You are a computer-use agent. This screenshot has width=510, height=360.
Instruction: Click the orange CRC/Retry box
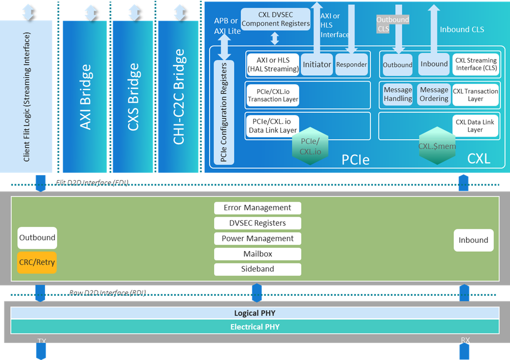pos(37,262)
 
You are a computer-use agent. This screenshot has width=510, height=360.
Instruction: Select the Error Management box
pos(257,208)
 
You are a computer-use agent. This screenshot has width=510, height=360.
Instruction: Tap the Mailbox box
pos(257,254)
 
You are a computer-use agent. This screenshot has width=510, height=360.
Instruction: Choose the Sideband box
pos(257,269)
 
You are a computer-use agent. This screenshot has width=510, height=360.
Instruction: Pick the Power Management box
pos(257,238)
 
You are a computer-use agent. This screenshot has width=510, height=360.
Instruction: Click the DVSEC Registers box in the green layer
pos(257,223)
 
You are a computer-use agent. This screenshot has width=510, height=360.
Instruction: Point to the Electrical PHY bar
pos(255,327)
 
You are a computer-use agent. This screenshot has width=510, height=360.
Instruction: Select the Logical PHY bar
pos(255,313)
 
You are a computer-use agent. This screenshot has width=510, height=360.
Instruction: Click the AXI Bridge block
pos(85,97)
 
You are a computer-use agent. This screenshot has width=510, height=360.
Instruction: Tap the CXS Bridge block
pos(132,97)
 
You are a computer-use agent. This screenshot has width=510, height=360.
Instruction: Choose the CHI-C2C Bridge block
pos(178,97)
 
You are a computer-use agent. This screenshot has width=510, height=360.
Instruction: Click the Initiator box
pos(317,65)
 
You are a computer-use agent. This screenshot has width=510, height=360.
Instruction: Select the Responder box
pos(351,65)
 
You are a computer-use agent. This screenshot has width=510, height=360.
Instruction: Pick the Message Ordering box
pos(433,94)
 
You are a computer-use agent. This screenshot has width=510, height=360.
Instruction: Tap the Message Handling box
pos(398,94)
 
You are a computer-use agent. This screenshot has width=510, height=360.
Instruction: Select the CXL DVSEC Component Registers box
pos(276,20)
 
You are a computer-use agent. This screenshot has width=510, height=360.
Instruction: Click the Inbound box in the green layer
pos(473,240)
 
